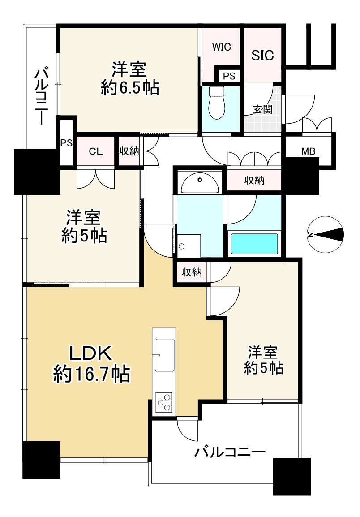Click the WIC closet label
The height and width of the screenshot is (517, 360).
[x=222, y=47]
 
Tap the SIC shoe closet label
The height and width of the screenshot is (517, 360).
[x=262, y=55]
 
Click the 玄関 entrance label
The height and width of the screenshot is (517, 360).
[x=262, y=109]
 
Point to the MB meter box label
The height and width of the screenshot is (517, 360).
[x=308, y=151]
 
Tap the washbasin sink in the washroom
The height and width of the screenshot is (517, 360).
[x=199, y=183]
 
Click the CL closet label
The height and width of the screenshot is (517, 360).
[x=96, y=151]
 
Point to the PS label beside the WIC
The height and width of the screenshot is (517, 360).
[x=229, y=76]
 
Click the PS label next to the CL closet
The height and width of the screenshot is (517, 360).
[x=66, y=143]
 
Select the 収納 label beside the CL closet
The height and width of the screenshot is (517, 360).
[x=129, y=151]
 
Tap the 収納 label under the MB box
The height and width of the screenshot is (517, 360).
[x=253, y=181]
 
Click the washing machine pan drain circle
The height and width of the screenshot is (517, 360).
[x=182, y=246]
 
